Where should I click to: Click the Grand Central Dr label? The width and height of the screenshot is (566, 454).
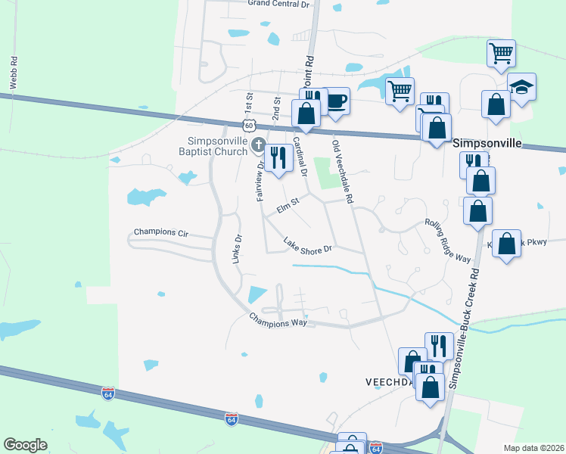[279, 4]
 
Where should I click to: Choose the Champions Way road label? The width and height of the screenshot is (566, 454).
[278, 320]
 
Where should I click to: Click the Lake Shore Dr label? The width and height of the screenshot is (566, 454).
[307, 246]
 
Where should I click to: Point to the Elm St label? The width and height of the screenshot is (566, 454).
[288, 204]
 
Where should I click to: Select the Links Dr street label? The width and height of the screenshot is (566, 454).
[237, 249]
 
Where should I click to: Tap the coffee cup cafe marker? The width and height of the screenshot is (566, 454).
[335, 101]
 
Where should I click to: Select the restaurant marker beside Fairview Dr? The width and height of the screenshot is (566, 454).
[278, 157]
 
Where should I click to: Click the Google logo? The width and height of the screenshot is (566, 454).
[25, 445]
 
